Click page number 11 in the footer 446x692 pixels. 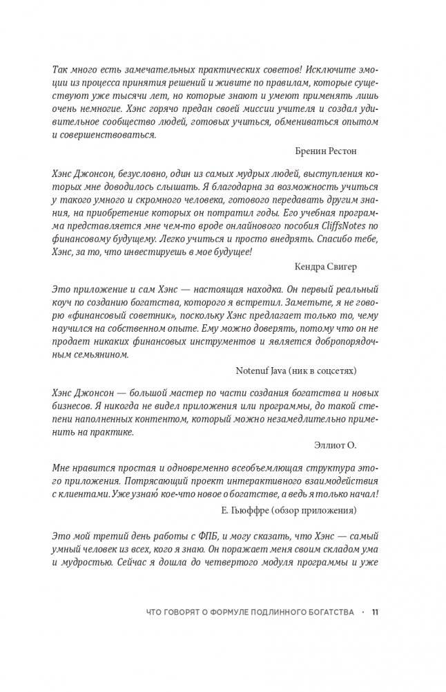point(376,612)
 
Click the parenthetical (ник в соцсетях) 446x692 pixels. point(324,371)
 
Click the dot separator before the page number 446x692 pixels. point(362,612)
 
